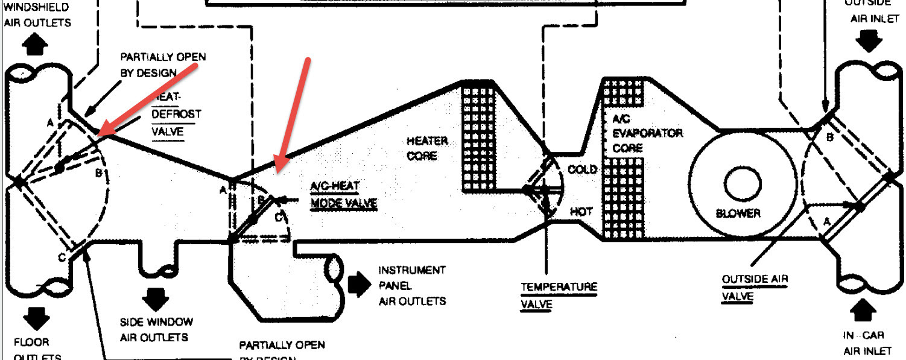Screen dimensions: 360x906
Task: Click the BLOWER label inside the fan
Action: [738, 213]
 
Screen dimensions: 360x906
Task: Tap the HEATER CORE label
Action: [427, 148]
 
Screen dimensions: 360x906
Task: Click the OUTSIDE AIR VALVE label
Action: [755, 288]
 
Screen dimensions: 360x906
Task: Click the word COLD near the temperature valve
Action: [582, 169]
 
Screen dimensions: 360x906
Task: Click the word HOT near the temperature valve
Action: [581, 212]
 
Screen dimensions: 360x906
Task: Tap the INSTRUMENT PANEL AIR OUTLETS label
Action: [412, 285]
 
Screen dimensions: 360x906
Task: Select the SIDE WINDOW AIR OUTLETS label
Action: [157, 329]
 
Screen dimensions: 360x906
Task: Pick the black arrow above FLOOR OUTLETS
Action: [37, 319]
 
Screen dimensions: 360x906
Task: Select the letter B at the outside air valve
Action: [829, 137]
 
